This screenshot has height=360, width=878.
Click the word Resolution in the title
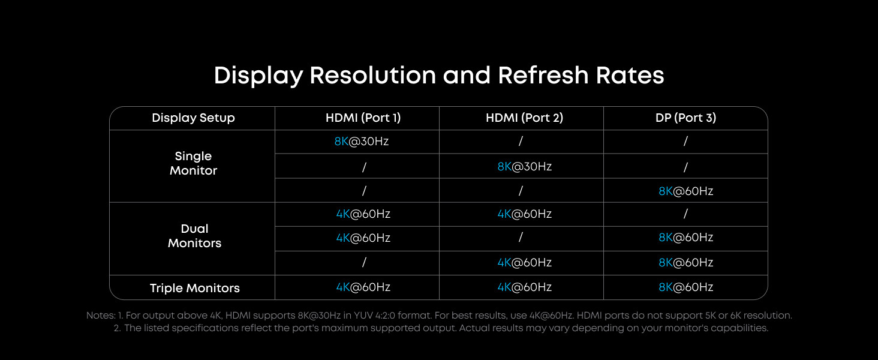click(373, 75)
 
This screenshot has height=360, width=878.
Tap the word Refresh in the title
click(543, 75)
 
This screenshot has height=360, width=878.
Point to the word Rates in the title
click(630, 75)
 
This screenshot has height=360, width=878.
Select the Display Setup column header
click(193, 118)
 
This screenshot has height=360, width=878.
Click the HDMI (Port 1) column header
click(363, 118)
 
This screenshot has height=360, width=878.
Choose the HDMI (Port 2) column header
click(524, 118)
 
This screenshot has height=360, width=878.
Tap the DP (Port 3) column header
click(686, 118)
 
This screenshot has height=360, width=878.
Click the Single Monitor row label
click(193, 163)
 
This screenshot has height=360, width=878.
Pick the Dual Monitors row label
click(194, 236)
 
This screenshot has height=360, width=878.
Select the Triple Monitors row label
click(194, 288)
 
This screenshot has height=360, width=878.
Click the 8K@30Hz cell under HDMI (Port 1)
click(362, 141)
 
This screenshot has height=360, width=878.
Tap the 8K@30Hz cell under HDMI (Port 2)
click(524, 167)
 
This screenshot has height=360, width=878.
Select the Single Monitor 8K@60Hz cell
click(686, 191)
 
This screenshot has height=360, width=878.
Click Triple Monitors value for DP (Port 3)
click(686, 287)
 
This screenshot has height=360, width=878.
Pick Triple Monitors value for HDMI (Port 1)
click(363, 287)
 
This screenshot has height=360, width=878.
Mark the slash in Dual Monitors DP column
click(685, 214)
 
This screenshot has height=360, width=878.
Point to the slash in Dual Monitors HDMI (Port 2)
click(521, 237)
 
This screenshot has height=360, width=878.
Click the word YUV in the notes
click(363, 316)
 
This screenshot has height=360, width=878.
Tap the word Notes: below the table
click(101, 316)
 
